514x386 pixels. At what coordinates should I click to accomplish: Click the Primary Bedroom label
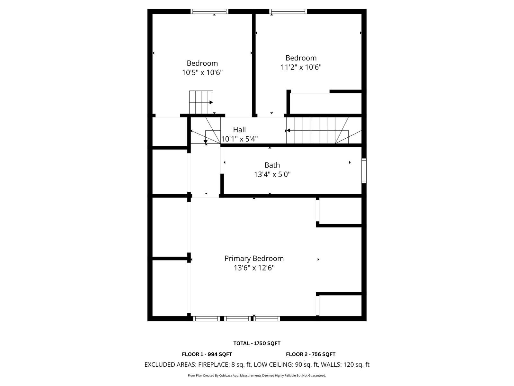click(x=254, y=258)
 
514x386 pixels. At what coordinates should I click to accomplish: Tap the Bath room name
click(x=272, y=165)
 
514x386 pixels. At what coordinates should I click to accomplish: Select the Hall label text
click(x=239, y=130)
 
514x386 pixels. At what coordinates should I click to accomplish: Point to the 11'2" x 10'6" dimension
click(x=301, y=67)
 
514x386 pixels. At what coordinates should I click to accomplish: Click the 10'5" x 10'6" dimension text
click(x=202, y=72)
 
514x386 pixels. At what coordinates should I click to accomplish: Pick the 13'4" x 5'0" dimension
click(x=272, y=174)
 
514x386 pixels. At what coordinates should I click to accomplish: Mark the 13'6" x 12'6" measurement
click(x=254, y=268)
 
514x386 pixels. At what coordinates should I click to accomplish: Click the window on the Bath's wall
click(x=364, y=170)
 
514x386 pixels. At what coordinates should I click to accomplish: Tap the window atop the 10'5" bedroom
click(x=209, y=12)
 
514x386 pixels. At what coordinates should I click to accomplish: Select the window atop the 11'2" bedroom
click(x=288, y=12)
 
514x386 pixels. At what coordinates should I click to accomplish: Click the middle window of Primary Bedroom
click(x=237, y=318)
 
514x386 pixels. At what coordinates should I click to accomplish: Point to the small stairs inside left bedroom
click(x=201, y=102)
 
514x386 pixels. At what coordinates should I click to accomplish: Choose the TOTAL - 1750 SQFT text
click(x=257, y=343)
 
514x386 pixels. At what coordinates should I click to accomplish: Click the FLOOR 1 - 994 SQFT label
click(x=207, y=354)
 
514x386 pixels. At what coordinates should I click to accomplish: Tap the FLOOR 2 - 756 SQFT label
click(x=311, y=354)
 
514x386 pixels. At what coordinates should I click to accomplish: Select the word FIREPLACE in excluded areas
click(x=214, y=364)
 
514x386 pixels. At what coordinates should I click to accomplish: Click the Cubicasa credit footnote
click(x=257, y=375)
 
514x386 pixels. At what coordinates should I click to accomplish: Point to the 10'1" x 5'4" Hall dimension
click(x=240, y=139)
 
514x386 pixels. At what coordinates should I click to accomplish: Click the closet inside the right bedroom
click(x=326, y=103)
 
